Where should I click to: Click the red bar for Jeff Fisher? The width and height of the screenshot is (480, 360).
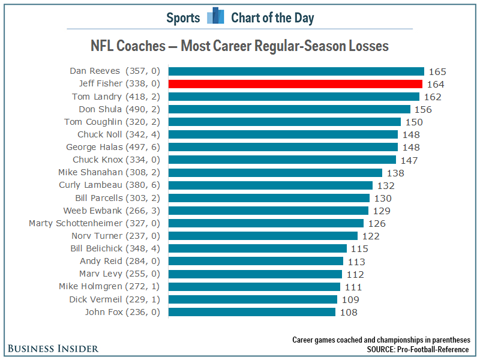(x=295, y=84)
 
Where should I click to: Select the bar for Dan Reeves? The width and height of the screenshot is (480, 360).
(x=296, y=71)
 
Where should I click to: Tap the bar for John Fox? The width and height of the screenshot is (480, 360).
(x=251, y=312)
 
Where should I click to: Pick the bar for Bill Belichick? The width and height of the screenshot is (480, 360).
(x=257, y=248)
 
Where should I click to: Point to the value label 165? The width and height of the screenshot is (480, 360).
(x=437, y=71)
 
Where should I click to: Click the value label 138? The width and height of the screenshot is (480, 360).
(x=395, y=173)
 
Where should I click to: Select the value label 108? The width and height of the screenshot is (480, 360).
(x=348, y=312)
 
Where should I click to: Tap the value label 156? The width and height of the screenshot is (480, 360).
(x=423, y=109)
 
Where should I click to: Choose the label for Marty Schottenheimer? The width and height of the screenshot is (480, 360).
(x=95, y=223)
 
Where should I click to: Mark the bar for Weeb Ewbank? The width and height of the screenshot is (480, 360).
(x=268, y=211)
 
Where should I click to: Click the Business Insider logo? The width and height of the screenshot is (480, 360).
(x=53, y=348)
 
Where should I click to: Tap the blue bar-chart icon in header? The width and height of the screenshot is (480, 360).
(x=215, y=16)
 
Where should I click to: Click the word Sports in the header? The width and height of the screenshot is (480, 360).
(x=183, y=17)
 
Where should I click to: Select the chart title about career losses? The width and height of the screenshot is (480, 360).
(x=239, y=46)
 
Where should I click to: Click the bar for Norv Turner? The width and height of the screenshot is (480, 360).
(x=263, y=236)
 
